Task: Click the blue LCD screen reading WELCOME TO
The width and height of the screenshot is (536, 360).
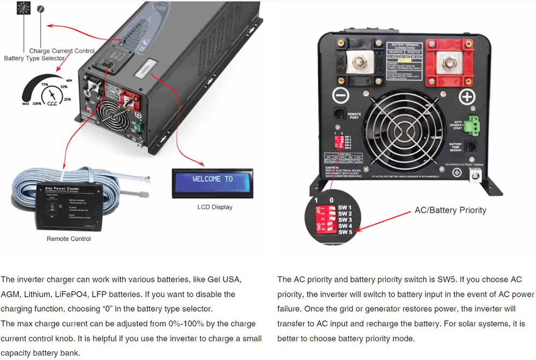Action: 213,179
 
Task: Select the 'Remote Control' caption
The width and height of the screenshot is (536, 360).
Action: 69,238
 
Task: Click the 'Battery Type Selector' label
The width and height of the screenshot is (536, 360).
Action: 34,58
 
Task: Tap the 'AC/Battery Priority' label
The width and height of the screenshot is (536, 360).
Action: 450,210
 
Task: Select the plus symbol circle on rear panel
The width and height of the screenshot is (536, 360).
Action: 467,97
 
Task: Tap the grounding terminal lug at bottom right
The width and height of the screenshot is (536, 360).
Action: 474,175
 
